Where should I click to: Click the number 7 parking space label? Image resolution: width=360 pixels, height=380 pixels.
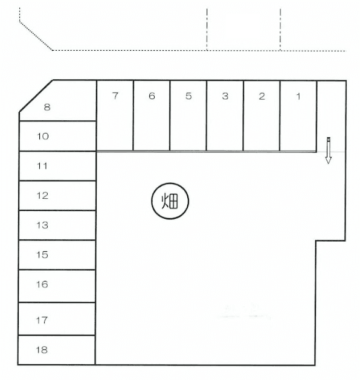point(115,96)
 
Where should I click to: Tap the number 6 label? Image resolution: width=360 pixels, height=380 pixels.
point(152,96)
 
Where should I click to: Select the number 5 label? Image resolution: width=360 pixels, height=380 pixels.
point(188,96)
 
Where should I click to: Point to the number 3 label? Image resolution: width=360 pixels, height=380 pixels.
point(225,97)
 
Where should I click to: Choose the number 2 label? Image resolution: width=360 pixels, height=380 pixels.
point(262,97)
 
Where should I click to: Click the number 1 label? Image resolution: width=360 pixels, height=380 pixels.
point(298,97)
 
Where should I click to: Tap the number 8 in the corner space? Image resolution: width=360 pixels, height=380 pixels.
point(47,107)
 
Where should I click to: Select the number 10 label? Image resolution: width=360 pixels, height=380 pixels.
point(43,137)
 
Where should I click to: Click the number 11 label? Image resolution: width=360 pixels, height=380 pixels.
point(42,166)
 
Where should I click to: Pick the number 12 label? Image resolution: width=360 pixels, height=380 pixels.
point(42,196)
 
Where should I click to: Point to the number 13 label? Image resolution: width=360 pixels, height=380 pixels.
point(42,225)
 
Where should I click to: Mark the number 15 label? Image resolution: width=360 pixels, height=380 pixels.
point(42,255)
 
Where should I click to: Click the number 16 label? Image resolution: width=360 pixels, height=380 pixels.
point(42,285)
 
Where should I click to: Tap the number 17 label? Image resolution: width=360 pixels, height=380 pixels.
point(42,320)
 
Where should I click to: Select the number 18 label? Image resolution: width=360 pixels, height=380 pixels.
point(42,350)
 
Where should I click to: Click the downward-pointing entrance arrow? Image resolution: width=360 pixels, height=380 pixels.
point(328,150)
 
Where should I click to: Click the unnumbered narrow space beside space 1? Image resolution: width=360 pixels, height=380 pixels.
point(331,117)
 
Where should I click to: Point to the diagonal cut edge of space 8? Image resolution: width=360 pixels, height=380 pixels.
point(36,96)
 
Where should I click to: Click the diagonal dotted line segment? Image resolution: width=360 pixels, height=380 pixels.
point(36,36)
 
